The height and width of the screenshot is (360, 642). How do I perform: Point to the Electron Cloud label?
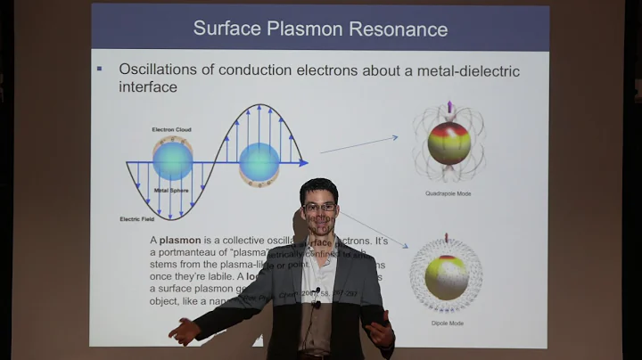tap(172, 130)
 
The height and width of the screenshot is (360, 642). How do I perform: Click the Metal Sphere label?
tap(171, 189)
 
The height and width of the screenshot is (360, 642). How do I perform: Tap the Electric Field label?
tap(141, 218)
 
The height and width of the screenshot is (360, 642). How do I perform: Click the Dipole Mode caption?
tap(446, 323)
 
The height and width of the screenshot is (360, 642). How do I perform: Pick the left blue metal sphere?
tap(172, 160)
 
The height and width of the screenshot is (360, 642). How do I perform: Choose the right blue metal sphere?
tap(259, 162)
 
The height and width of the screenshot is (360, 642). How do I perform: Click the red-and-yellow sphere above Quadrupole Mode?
tap(449, 143)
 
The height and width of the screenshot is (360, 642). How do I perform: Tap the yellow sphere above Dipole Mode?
tap(446, 277)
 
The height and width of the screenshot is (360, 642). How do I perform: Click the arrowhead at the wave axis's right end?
tap(303, 163)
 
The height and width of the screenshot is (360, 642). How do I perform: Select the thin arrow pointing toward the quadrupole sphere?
tap(358, 144)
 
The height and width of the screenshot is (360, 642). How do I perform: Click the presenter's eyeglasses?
tap(318, 207)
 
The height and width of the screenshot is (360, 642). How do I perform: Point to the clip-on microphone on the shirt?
tap(317, 293)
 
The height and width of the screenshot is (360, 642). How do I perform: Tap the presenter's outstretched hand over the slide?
tap(185, 331)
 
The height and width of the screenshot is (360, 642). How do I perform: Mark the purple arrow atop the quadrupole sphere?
tap(449, 106)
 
